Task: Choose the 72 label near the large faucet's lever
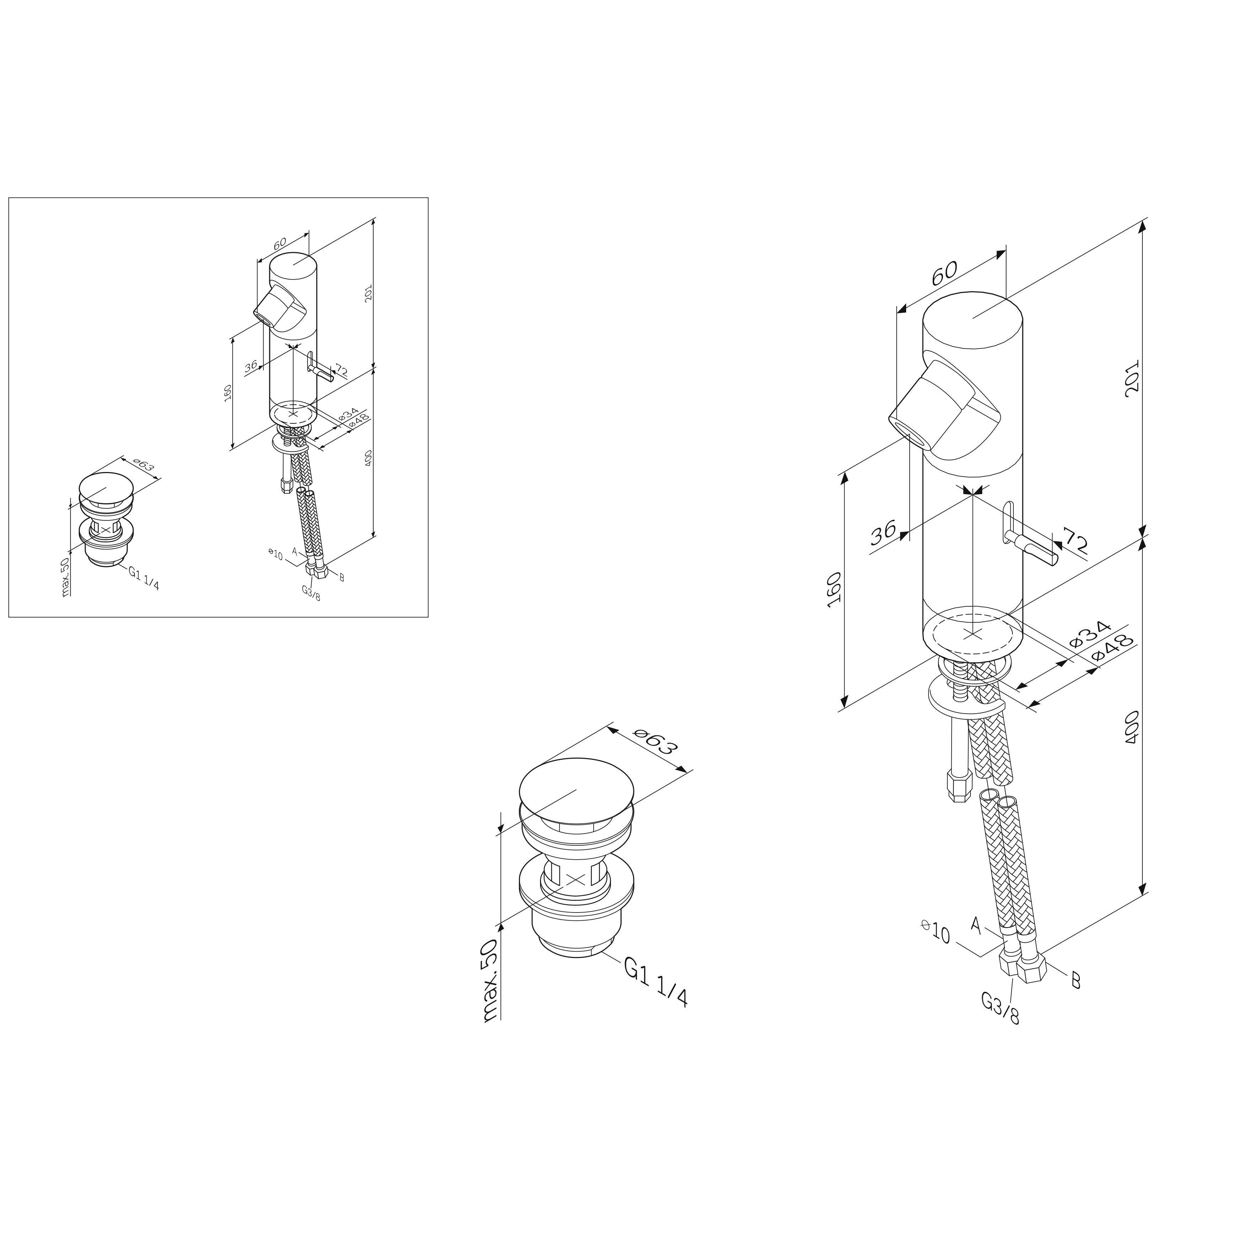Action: pyautogui.click(x=1074, y=541)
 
